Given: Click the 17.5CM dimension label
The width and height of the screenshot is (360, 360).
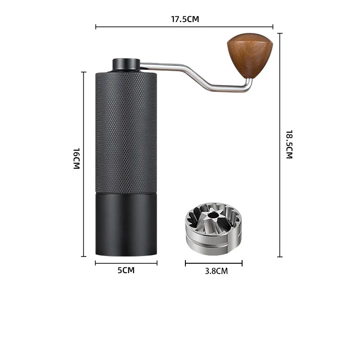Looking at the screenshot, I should (184, 19).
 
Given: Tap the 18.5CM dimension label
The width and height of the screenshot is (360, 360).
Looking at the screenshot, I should (289, 144).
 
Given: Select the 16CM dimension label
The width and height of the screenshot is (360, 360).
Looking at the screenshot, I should (76, 158).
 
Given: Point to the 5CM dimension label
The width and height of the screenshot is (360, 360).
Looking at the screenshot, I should (126, 270).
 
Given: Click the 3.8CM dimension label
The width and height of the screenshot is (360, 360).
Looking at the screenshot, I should (213, 271).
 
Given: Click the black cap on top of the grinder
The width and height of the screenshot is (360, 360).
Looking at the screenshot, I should (126, 64).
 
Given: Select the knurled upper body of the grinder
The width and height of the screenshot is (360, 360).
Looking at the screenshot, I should (126, 130).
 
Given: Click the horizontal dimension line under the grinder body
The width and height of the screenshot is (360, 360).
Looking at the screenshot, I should (126, 263).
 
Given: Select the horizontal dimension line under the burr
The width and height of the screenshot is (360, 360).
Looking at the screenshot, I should (213, 263).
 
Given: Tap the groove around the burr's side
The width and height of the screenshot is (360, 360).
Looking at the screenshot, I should (214, 243).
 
